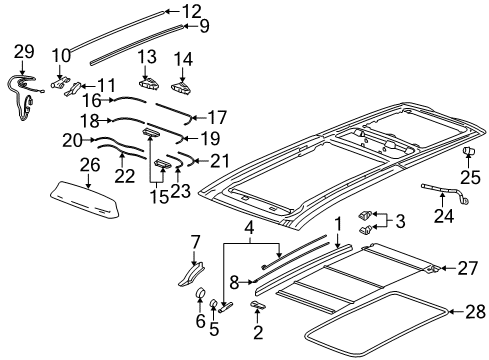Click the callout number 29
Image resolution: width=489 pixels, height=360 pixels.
pyautogui.click(x=23, y=50)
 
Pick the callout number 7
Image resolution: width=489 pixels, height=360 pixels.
pyautogui.click(x=196, y=240)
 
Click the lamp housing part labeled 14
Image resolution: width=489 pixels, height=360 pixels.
pyautogui.click(x=182, y=86)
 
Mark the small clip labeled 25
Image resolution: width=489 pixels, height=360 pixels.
pyautogui.click(x=466, y=151)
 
